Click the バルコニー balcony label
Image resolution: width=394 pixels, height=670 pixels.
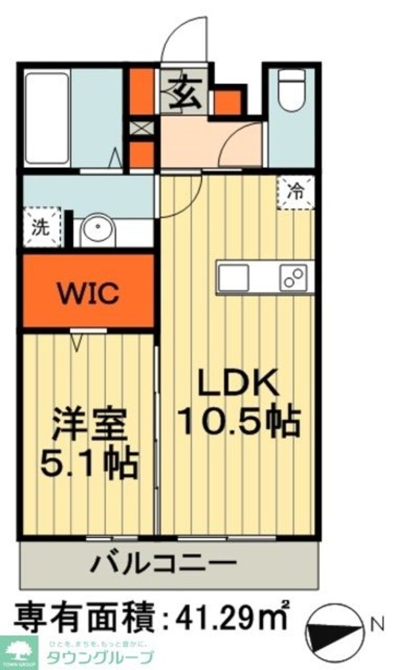click(163, 563)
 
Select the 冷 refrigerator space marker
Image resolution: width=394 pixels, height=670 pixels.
click(296, 192)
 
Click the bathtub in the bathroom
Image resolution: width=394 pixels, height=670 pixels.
click(47, 117)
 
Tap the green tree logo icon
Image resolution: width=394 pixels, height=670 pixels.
click(18, 652)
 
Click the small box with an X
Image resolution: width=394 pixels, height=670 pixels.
click(140, 128)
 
